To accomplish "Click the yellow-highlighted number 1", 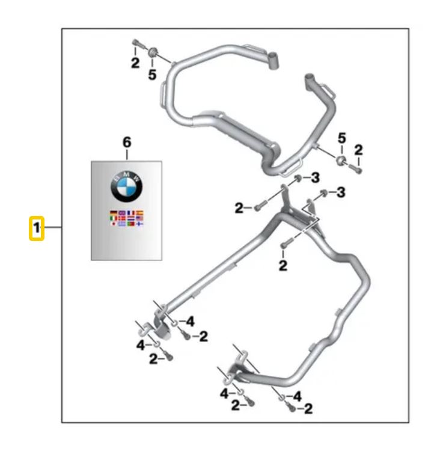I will click(37, 229).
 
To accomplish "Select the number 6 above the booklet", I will click(126, 143).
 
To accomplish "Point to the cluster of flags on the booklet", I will click(127, 218).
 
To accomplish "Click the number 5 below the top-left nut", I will click(152, 75).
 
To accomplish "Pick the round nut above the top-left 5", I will click(153, 53).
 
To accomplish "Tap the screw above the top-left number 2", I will click(135, 44).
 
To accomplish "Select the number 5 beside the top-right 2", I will click(341, 140).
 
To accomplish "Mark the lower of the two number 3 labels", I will click(340, 193).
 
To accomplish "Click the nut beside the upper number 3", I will click(298, 179).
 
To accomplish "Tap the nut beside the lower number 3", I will click(323, 194).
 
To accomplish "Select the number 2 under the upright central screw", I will click(283, 266).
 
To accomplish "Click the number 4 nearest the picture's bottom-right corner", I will click(297, 396).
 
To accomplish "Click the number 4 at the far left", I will click(139, 345).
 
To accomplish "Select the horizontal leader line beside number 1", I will click(53, 228).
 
